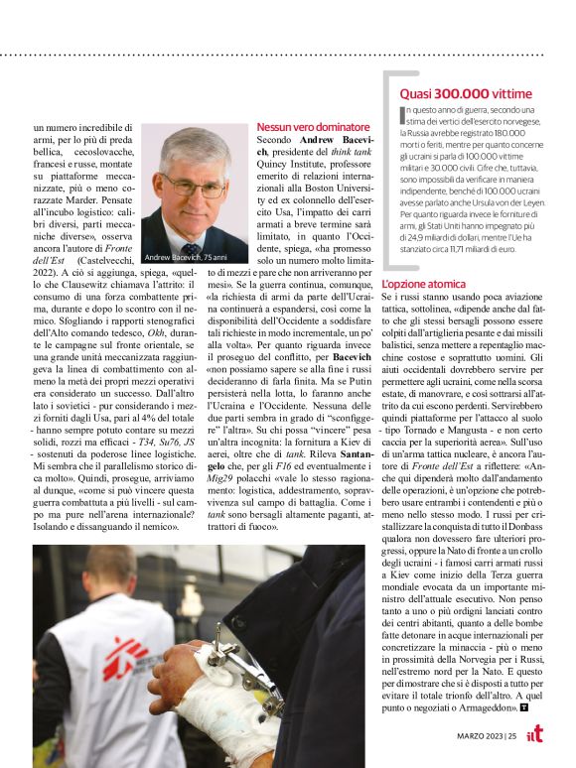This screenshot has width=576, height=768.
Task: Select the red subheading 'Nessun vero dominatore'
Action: tap(313, 128)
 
